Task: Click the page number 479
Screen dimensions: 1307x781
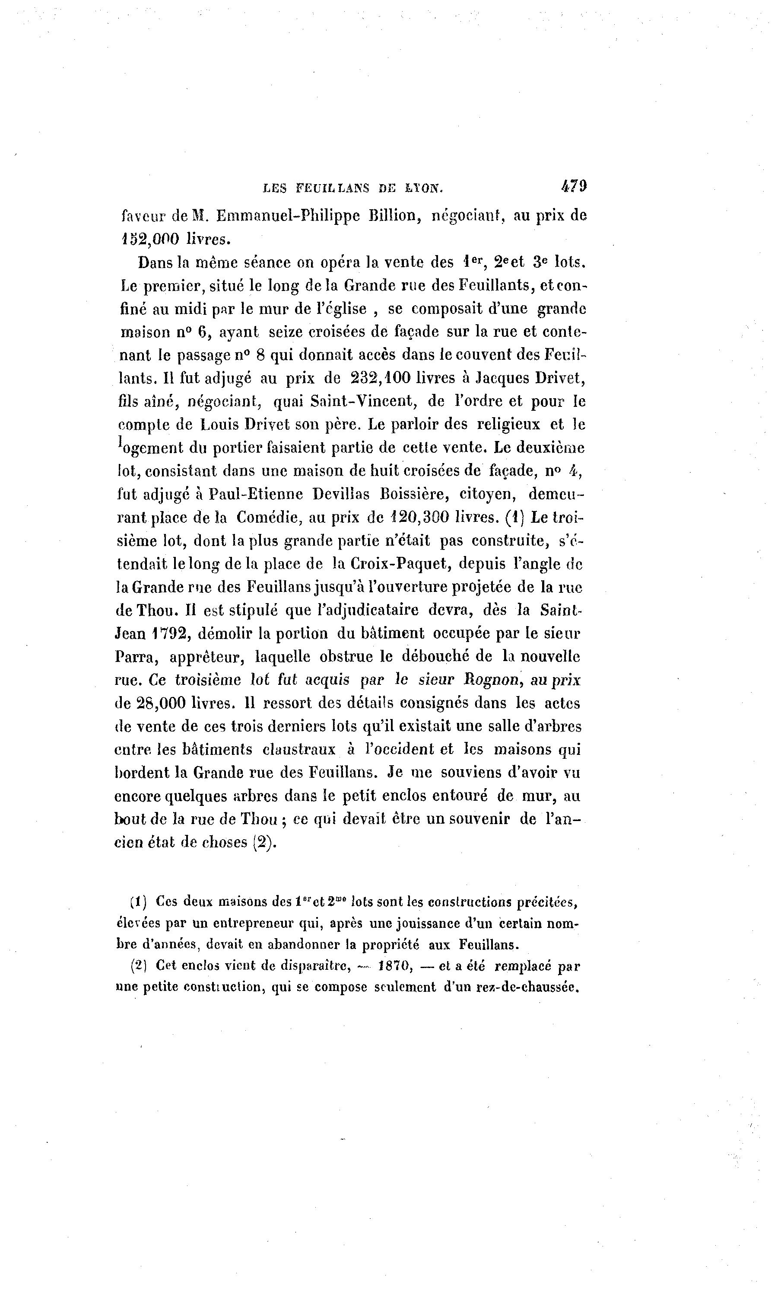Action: point(574,186)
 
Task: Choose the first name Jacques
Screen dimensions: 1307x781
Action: point(502,378)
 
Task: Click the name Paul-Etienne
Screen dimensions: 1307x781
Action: point(256,494)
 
